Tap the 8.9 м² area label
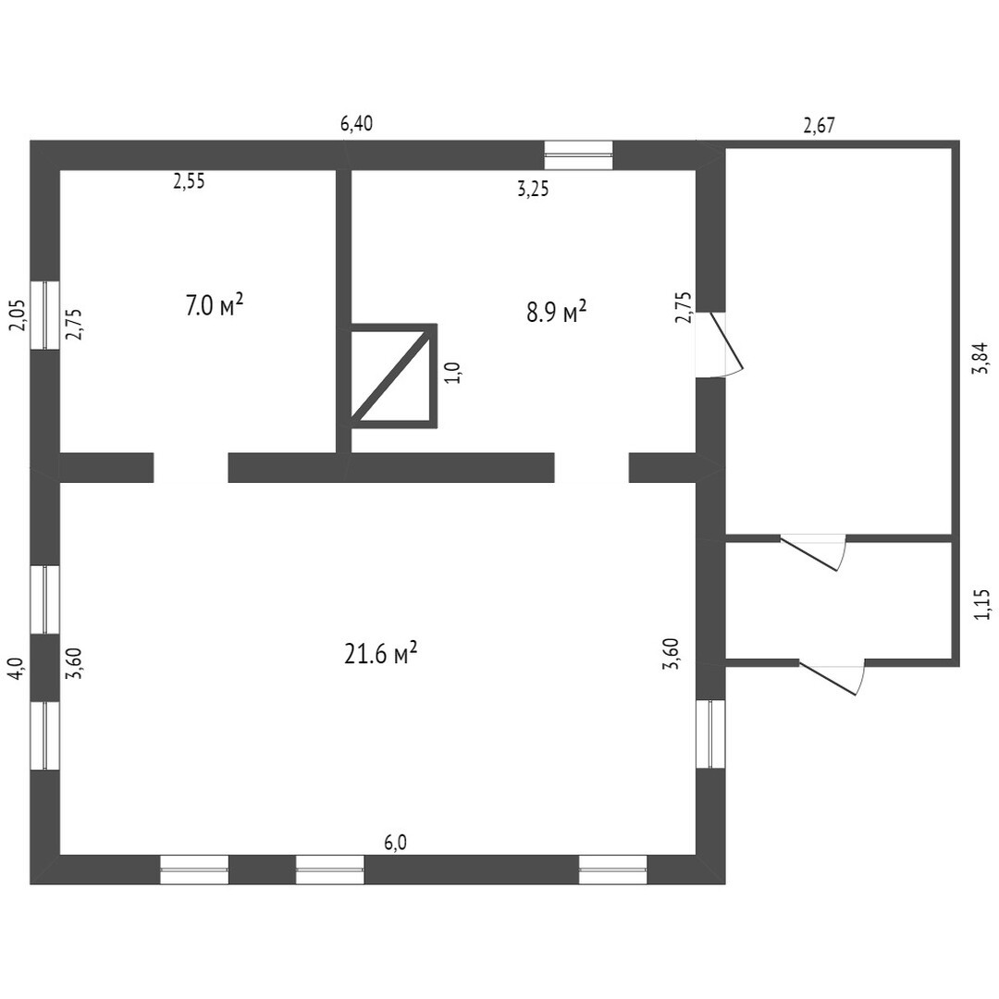tap(557, 312)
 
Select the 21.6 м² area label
tap(381, 654)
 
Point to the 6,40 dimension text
tap(357, 123)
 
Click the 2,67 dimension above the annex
tap(820, 127)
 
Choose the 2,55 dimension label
tap(189, 181)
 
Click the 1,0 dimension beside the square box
tap(452, 373)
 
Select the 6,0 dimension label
tap(395, 842)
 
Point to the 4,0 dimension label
tap(15, 668)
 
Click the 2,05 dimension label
tap(15, 315)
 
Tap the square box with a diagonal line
tap(393, 376)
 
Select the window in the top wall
tap(578, 155)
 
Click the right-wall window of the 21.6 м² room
tap(710, 734)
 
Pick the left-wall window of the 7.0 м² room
tap(44, 314)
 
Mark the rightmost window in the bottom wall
tap(612, 869)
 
